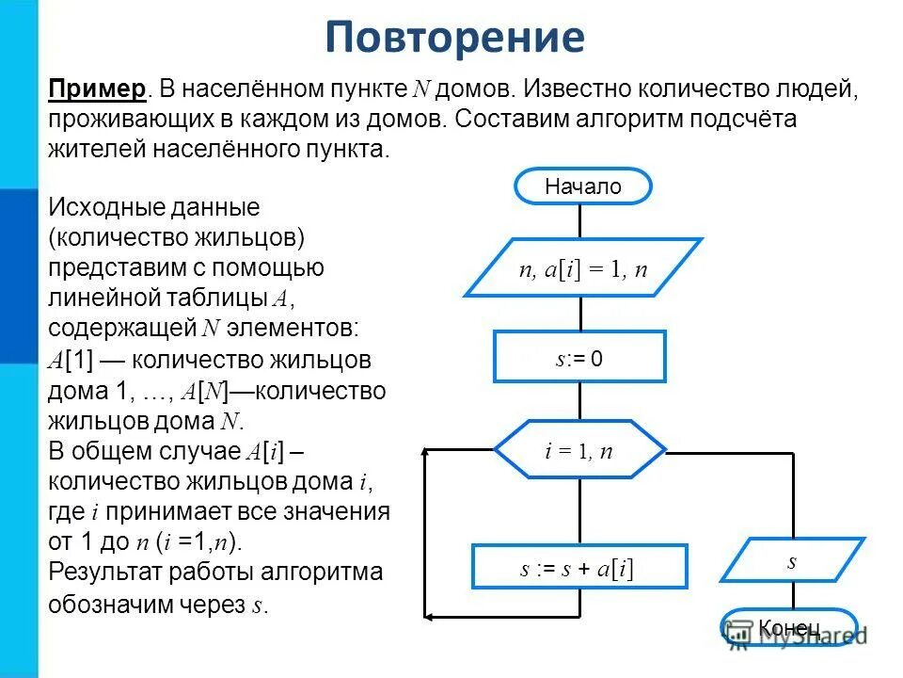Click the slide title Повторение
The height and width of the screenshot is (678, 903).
tap(455, 38)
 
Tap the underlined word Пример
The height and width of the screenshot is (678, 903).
tap(98, 89)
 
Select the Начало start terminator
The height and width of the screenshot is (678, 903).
tap(582, 186)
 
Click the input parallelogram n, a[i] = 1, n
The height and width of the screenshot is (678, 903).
tap(583, 268)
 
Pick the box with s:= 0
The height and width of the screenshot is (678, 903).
tap(579, 357)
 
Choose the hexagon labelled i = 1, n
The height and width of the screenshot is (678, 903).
tap(579, 451)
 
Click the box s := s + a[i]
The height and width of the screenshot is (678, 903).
tap(579, 568)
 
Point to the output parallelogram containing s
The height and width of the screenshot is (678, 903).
tap(792, 561)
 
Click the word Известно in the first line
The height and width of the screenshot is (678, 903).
tap(576, 89)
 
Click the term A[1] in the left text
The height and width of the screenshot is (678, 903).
tap(71, 360)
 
